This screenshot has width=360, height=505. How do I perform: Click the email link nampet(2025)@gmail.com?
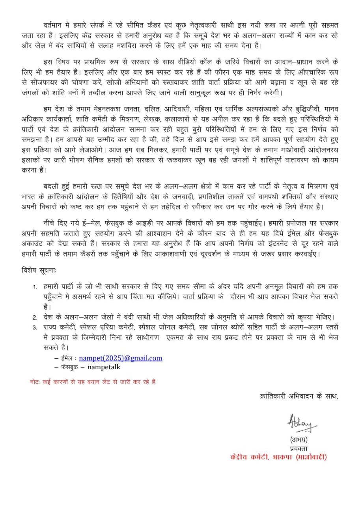pos(121,358)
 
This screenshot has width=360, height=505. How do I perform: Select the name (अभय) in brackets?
pos(298,440)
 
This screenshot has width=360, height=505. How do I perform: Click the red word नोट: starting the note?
pos(35,382)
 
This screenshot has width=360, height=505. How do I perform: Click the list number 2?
pos(35,317)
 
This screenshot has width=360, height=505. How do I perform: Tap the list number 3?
pos(35,327)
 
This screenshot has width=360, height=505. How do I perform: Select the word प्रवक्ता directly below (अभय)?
pos(298,448)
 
